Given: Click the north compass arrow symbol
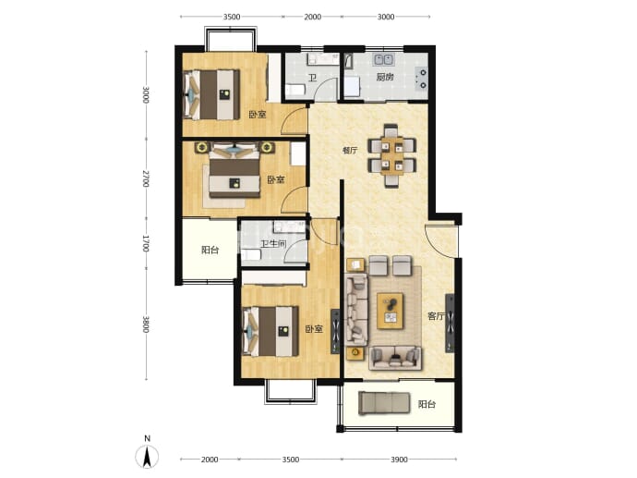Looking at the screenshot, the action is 147,456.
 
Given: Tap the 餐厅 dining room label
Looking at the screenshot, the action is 350,150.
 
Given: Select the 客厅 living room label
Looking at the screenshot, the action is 436,316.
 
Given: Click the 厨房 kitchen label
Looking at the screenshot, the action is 384,77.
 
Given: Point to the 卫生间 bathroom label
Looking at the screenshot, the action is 273,244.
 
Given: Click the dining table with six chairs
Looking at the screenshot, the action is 392,156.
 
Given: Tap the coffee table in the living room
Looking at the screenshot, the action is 390,311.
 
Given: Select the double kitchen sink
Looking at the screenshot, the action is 383,59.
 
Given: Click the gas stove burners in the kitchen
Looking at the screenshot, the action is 423,79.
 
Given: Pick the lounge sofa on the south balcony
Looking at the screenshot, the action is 384,403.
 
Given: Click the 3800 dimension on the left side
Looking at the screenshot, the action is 146,325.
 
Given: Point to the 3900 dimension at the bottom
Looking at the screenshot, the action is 399,460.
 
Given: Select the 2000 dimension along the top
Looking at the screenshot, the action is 312,17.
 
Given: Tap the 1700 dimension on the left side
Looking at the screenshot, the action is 146,243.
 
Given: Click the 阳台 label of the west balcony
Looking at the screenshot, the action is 210,250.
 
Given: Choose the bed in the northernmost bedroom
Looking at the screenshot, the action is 211,95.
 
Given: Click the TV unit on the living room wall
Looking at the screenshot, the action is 450,323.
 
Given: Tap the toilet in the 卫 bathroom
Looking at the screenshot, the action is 295,90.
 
